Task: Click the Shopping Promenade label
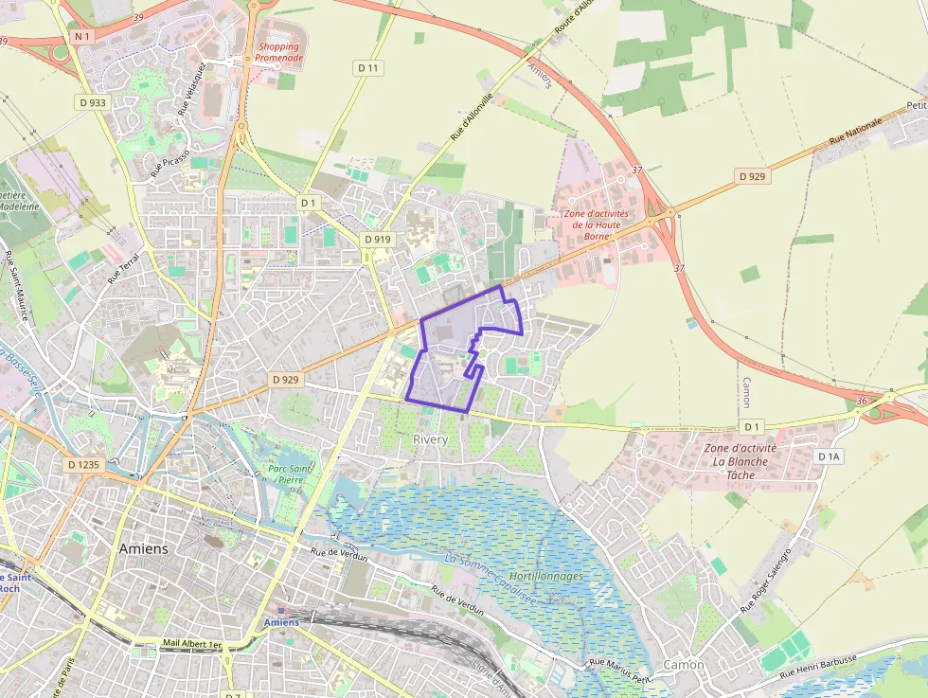278,52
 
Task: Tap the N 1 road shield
80,36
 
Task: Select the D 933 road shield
92,101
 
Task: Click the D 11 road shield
368,68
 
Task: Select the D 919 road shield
378,240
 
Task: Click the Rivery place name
431,440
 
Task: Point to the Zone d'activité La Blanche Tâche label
741,461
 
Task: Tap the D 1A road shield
829,456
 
